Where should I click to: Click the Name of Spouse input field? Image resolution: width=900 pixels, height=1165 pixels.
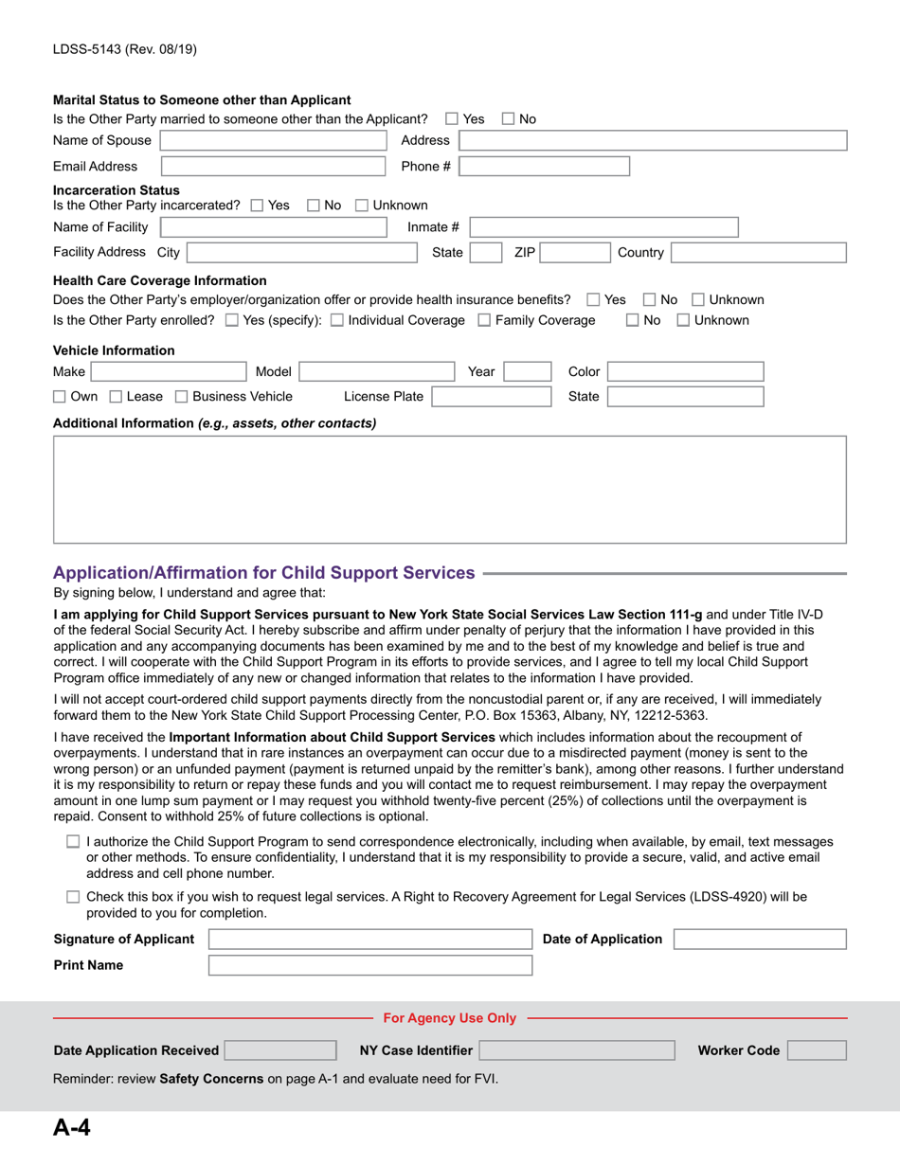pos(274,141)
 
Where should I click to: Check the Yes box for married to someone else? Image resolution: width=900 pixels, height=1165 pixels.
pos(452,119)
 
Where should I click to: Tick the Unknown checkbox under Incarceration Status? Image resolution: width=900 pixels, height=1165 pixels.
pos(362,206)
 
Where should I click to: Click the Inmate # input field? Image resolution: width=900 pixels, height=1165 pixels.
pos(603,227)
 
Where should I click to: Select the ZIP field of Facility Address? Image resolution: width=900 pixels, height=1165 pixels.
pos(573,253)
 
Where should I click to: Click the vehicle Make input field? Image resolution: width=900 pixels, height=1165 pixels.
pos(167,372)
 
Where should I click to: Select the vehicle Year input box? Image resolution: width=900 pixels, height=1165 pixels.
pos(527,372)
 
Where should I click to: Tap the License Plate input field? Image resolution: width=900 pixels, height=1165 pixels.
pos(490,397)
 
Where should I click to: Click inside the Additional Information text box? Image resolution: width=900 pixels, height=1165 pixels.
pos(449,489)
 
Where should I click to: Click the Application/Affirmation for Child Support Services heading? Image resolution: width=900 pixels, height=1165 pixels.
pos(264,573)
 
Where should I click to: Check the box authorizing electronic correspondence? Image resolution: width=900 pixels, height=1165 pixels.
pos(74,842)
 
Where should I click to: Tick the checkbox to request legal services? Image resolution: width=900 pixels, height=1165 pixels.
pos(74,897)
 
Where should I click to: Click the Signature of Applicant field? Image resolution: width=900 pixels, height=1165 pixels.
pos(370,940)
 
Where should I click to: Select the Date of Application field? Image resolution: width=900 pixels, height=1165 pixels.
pos(760,940)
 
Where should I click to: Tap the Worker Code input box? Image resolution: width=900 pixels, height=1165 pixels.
pos(817,1050)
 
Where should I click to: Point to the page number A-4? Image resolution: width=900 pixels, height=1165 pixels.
pos(72,1127)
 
